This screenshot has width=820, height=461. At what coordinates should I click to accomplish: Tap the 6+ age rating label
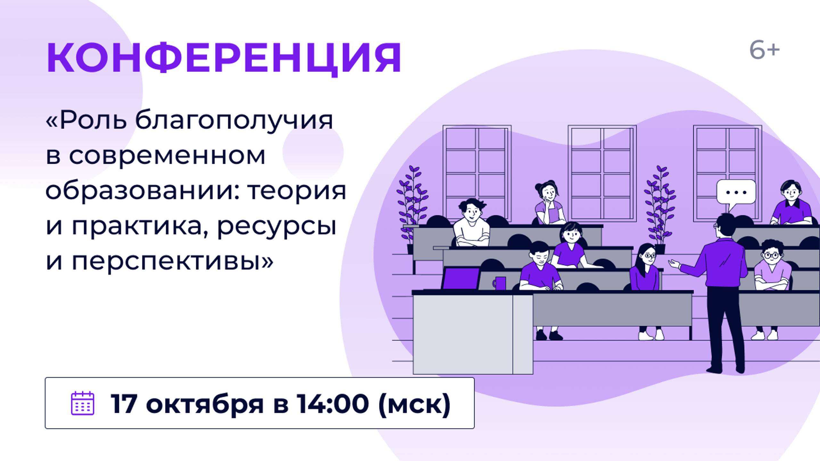764,51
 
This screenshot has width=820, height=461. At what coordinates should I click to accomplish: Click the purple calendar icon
82,403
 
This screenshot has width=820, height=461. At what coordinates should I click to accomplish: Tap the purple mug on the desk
500,283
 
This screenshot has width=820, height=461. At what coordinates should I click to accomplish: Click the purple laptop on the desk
461,278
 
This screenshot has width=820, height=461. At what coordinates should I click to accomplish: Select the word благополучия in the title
234,121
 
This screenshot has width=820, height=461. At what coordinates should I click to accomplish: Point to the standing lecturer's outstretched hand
674,264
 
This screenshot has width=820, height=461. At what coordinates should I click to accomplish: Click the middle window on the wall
602,173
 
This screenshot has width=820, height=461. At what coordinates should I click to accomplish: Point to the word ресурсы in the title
277,227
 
